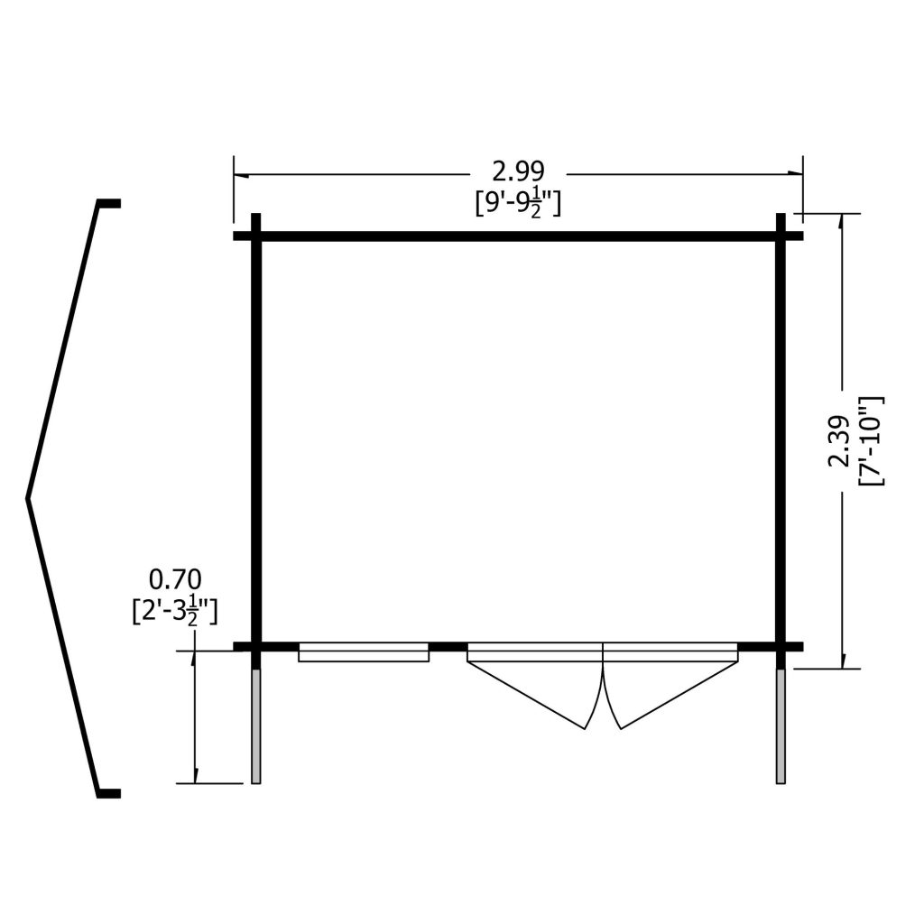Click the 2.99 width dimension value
518,172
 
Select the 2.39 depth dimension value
838,441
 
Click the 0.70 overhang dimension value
175,580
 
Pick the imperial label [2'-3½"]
175,613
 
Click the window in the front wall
364,651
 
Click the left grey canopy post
255,726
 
